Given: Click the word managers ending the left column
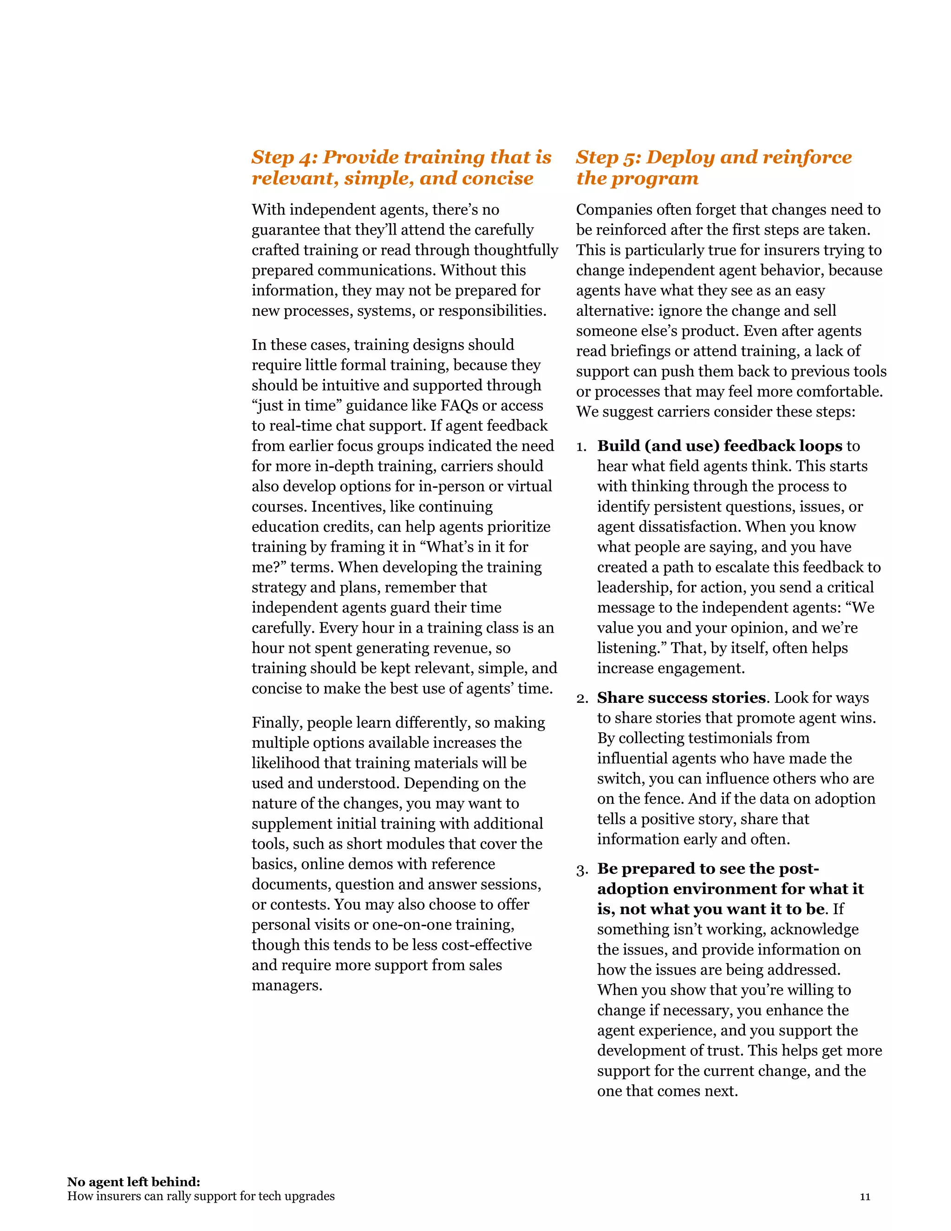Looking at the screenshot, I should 287,985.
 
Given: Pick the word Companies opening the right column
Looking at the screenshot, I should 615,210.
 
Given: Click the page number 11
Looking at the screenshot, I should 865,1197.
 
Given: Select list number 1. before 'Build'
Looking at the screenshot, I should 581,447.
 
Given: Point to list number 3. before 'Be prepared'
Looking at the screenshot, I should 581,870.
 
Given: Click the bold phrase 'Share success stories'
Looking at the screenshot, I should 681,698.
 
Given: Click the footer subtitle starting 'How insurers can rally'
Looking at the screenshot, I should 201,1197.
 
